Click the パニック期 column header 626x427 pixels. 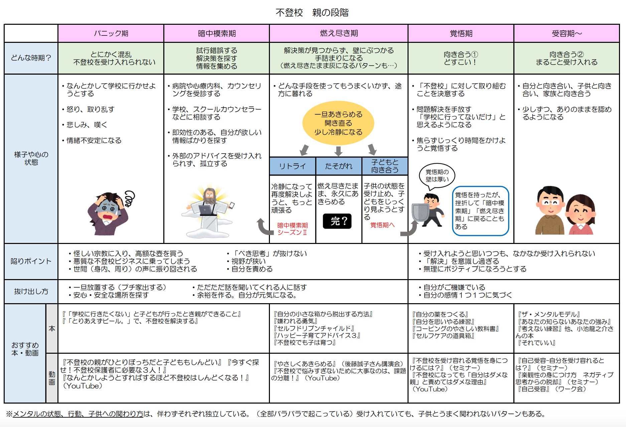pos(111,33)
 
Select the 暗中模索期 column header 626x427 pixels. pos(216,33)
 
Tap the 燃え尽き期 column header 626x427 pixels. pos(339,33)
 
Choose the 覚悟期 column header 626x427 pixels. pos(461,33)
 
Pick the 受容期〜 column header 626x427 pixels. pos(567,33)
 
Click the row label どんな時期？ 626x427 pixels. pos(31,58)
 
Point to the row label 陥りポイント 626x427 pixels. pos(31,261)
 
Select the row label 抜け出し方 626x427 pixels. pos(31,291)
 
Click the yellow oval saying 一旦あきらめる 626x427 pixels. pos(338,123)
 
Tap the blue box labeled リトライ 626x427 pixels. pos(293,166)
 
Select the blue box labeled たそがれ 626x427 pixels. pos(339,166)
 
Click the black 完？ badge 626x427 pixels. pos(337,221)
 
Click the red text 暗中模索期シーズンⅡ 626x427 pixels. pos(292,229)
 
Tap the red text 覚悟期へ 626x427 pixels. pos(382,225)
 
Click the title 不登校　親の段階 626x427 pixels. pos(312,13)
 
